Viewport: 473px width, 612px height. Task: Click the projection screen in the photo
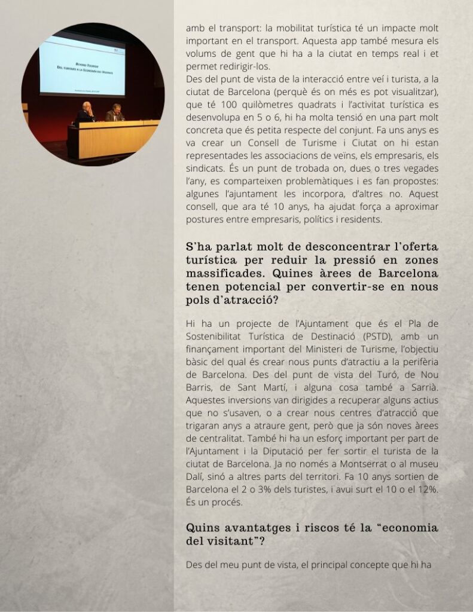coord(82,65)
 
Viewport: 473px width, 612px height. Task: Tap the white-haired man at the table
coord(86,111)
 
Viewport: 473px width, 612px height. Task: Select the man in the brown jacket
coord(115,112)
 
